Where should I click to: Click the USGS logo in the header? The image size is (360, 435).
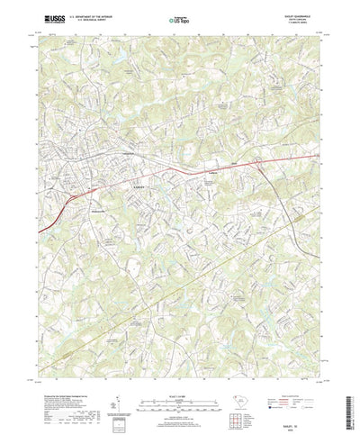pyautogui.click(x=45, y=16)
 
